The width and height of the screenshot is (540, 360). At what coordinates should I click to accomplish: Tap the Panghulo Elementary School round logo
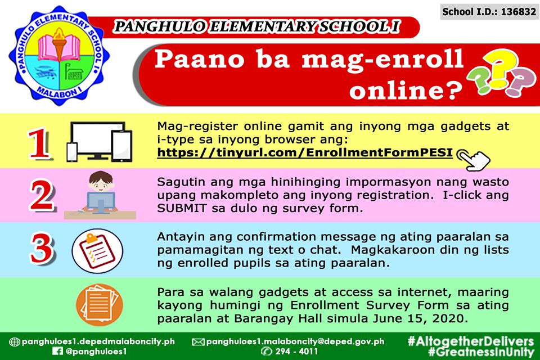click(59, 55)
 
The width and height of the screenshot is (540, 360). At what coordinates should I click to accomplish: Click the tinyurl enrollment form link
click(305, 152)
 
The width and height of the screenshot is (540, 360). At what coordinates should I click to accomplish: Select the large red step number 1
click(39, 143)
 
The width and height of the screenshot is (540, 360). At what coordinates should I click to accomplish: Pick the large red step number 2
click(42, 195)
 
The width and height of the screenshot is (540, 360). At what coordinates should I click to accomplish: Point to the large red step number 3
click(42, 249)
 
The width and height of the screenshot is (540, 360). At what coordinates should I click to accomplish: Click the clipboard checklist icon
click(97, 251)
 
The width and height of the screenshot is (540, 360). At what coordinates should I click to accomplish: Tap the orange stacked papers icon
click(100, 305)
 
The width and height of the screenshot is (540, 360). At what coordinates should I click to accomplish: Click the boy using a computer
click(100, 195)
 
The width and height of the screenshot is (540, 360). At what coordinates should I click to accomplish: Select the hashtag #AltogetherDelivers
click(470, 341)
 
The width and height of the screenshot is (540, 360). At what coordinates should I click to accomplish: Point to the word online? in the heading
click(406, 90)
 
